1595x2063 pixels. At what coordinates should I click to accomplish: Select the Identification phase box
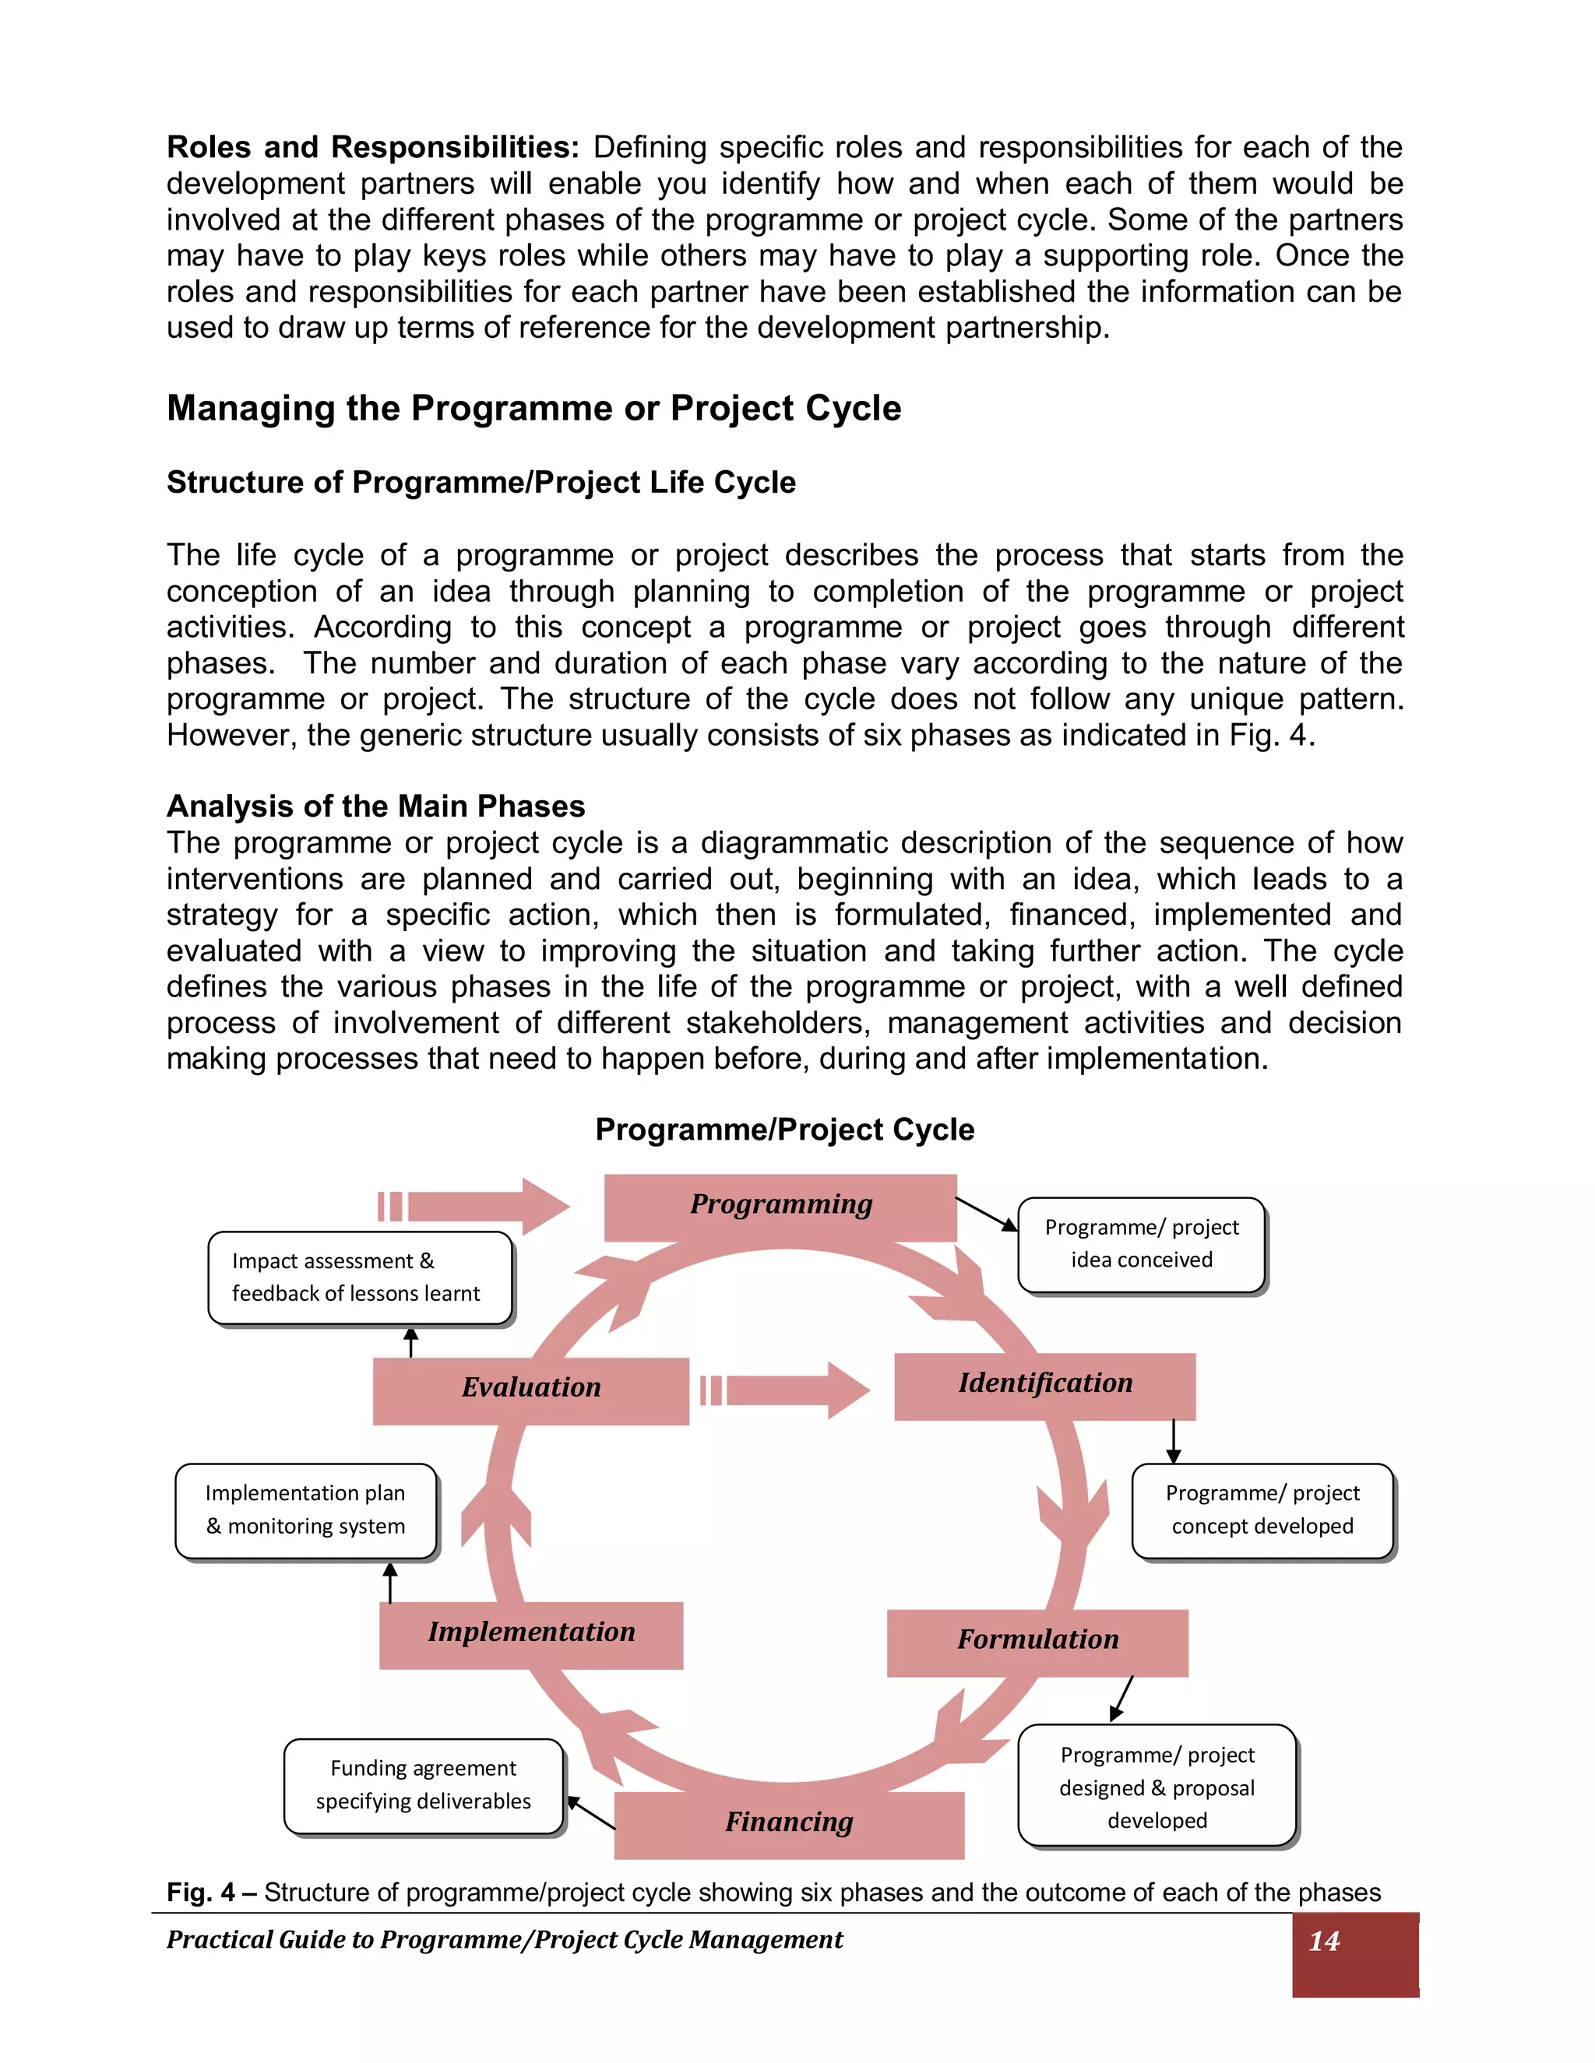point(1044,1386)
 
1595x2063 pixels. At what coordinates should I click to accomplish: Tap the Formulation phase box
point(1037,1642)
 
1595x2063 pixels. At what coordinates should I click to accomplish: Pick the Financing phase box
point(788,1824)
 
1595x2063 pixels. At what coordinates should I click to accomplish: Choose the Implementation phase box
point(531,1634)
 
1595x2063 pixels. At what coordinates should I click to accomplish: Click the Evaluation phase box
point(530,1390)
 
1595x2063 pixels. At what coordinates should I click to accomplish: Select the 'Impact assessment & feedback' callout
point(359,1277)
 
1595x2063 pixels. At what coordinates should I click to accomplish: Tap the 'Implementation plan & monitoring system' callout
point(305,1509)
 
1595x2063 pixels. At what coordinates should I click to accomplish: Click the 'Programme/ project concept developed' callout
point(1262,1509)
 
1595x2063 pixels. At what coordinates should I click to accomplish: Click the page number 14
point(1324,1941)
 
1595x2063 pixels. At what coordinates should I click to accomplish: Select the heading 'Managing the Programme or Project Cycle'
point(533,408)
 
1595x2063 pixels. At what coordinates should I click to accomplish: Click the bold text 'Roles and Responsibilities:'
point(372,147)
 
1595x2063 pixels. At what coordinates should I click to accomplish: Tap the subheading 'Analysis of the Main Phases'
point(375,806)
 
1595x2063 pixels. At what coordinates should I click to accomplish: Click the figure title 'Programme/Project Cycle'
point(784,1130)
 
